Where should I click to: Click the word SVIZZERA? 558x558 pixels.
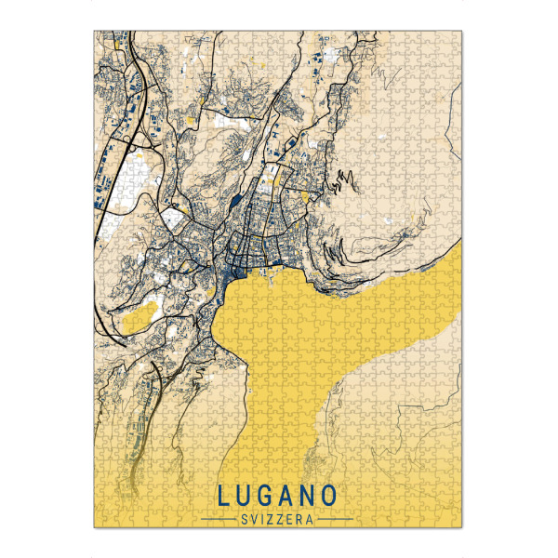(x=278, y=517)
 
